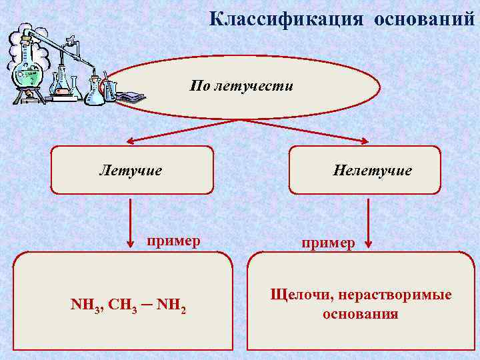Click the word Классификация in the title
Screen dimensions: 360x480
coord(287,19)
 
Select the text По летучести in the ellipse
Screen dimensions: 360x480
coord(241,86)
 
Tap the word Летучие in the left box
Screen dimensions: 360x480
coord(131,171)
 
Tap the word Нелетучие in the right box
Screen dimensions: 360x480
coord(372,171)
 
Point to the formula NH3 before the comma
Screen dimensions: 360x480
coord(85,306)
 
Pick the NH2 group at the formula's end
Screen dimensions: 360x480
coord(171,306)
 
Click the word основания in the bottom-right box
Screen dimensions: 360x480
coord(360,313)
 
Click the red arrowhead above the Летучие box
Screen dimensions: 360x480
coord(131,141)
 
